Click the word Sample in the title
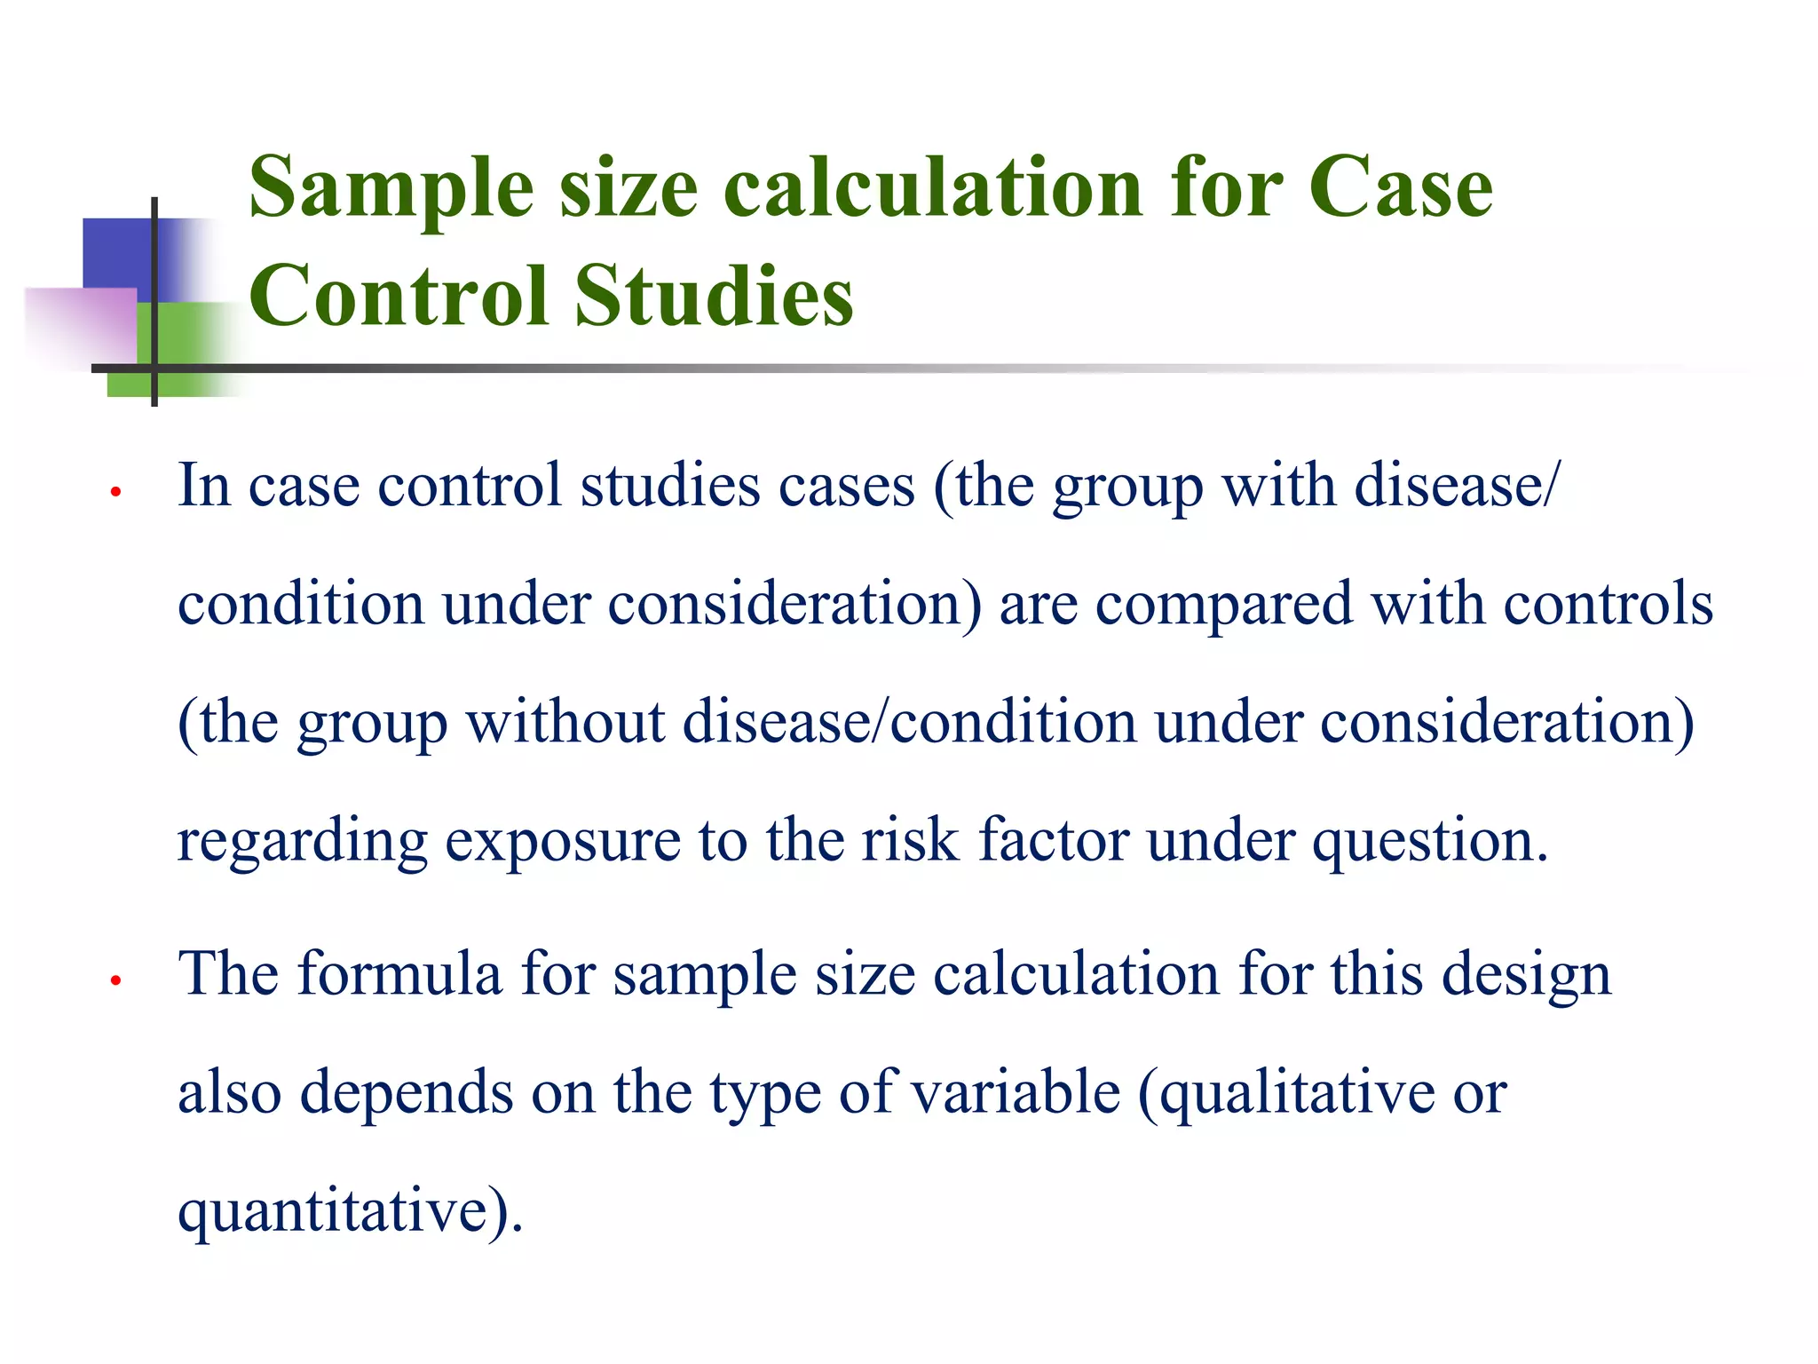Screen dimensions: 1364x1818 [391, 189]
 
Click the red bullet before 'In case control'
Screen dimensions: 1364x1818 [115, 491]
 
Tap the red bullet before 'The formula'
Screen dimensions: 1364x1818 [115, 980]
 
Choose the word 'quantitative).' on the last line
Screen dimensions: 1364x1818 [351, 1211]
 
